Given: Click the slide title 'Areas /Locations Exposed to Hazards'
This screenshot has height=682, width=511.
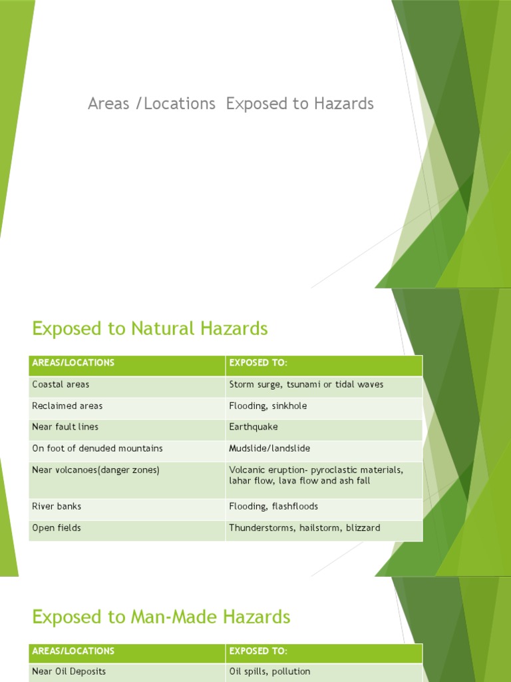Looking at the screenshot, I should [x=231, y=104].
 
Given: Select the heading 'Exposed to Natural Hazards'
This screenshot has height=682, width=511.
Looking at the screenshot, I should [x=150, y=328].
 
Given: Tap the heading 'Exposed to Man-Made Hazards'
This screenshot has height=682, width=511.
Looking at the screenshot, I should [x=161, y=617].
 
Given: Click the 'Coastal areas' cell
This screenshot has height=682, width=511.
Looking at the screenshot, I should [x=61, y=385].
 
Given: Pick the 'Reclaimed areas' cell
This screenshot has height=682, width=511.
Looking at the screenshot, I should [x=67, y=406].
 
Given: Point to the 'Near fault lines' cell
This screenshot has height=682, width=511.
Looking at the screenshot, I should [x=65, y=427].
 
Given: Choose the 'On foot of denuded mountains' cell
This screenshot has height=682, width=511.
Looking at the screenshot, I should [x=97, y=448].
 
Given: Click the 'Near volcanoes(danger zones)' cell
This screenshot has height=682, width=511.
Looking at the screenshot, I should [x=96, y=470].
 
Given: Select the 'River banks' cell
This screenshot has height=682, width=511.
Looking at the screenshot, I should [x=57, y=507].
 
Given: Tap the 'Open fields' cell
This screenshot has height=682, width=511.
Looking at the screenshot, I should [x=56, y=528].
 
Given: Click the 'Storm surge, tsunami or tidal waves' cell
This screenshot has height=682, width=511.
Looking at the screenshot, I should [x=306, y=385].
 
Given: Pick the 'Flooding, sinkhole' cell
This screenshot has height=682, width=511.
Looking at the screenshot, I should [x=268, y=406].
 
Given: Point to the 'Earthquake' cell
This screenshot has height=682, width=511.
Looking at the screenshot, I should [x=254, y=427].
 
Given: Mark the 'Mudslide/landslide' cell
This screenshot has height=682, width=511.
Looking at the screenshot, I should [x=269, y=448].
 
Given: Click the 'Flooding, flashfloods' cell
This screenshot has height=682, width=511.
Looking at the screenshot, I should [x=273, y=507].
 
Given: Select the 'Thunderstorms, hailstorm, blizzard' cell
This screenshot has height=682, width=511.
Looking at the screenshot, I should [x=305, y=528].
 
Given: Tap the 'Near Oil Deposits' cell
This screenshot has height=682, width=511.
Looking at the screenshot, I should [x=69, y=672].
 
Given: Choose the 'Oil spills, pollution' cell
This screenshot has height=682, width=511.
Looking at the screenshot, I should [x=269, y=672].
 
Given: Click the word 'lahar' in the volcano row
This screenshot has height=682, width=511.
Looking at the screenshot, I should [x=240, y=481].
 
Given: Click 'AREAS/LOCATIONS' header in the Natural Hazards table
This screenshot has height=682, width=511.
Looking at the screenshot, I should [x=73, y=363].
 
